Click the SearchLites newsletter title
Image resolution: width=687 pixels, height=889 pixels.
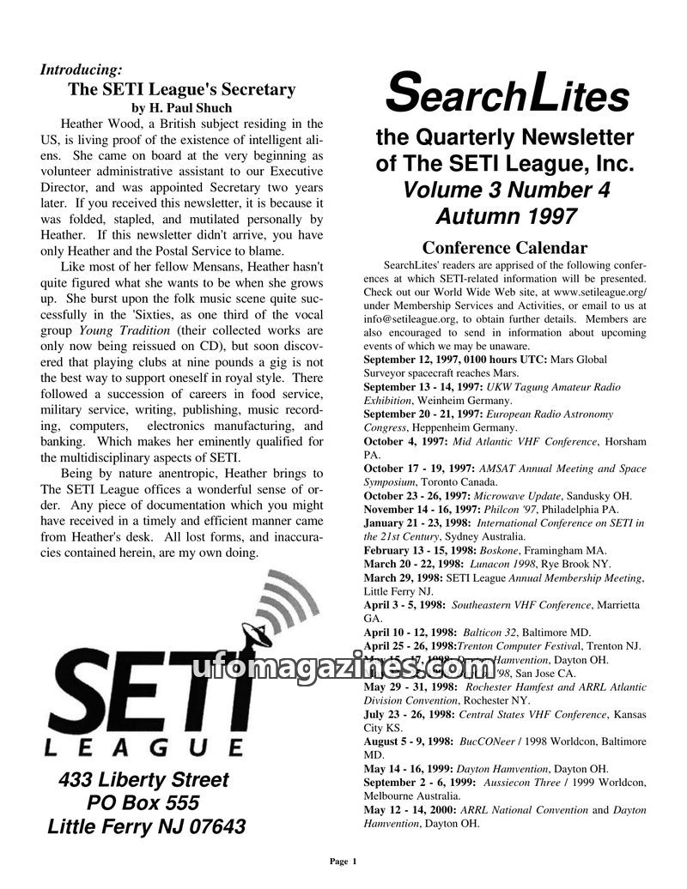coord(507,94)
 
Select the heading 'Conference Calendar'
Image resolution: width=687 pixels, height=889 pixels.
coord(505,249)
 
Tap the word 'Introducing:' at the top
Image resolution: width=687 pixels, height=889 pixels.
coord(81,70)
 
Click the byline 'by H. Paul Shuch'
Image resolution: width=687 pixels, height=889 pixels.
coord(182,108)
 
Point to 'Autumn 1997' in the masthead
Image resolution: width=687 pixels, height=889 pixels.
coord(505,215)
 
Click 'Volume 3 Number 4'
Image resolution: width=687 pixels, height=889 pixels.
coord(506,190)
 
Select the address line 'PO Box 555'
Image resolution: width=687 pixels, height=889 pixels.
coord(143,803)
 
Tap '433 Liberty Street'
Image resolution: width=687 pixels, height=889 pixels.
coord(143,780)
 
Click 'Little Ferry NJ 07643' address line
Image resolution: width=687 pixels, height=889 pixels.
coord(146,827)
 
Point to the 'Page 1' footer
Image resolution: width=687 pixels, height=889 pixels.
coord(343,861)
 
